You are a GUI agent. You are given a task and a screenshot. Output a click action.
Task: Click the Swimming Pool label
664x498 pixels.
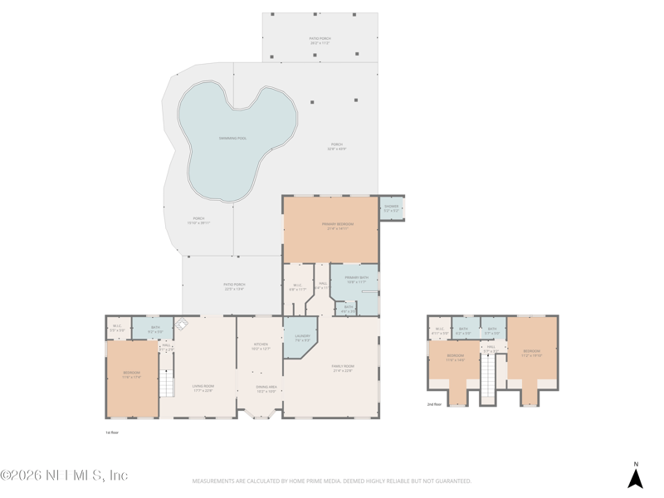(x=233, y=138)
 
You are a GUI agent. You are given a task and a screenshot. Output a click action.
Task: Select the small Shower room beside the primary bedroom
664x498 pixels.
(x=391, y=208)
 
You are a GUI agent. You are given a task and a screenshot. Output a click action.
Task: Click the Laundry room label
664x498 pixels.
(x=302, y=338)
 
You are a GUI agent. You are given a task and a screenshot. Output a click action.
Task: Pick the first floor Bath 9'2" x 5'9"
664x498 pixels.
(x=155, y=330)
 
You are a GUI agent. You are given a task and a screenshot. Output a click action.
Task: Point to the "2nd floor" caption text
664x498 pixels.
(x=435, y=404)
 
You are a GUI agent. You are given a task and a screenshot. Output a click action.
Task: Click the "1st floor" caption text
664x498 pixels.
(x=113, y=432)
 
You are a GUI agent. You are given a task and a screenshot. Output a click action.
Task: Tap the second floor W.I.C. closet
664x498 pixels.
(x=440, y=331)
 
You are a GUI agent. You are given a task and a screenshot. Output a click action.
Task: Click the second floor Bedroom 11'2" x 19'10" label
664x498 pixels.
(x=531, y=352)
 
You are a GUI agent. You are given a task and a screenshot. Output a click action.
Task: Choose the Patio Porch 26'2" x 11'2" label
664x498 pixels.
(x=320, y=40)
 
